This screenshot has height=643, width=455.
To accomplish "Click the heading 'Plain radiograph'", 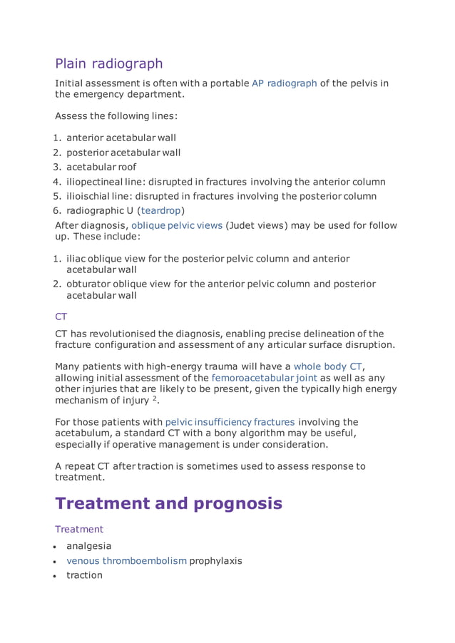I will click(109, 63).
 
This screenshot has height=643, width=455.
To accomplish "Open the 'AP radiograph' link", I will click(285, 83).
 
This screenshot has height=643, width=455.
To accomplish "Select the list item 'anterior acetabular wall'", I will click(121, 138).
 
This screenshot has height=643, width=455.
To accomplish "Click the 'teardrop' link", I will click(161, 210).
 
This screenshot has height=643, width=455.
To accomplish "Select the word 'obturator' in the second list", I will click(90, 284).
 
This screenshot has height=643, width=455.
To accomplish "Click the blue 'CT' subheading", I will click(61, 316).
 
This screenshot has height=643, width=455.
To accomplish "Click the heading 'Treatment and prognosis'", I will click(168, 504).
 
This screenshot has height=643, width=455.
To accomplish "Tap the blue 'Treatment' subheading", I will click(79, 529).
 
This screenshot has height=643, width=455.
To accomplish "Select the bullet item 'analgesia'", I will click(89, 546).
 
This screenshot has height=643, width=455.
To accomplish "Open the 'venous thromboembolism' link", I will click(126, 560).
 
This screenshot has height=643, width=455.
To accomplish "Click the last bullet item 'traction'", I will click(84, 575).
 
